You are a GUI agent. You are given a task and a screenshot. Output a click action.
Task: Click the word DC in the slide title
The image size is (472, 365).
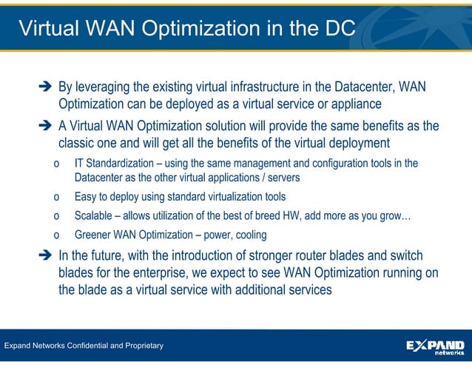click(339, 28)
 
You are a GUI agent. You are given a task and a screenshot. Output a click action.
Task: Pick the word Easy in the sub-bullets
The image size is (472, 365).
click(86, 197)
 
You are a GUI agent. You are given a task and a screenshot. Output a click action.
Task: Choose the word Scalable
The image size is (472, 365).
click(95, 216)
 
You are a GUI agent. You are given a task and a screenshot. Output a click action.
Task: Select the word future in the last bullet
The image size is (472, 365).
click(115, 256)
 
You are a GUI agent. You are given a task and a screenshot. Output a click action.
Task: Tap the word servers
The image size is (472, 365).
click(280, 178)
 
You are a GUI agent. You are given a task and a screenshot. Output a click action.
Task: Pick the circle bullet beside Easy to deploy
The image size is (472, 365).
click(57, 198)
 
